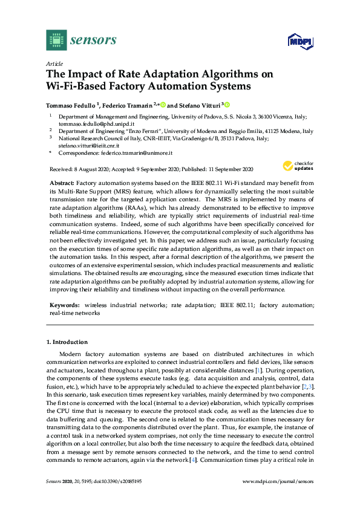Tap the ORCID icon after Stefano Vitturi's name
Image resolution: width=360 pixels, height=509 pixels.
click(227, 104)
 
